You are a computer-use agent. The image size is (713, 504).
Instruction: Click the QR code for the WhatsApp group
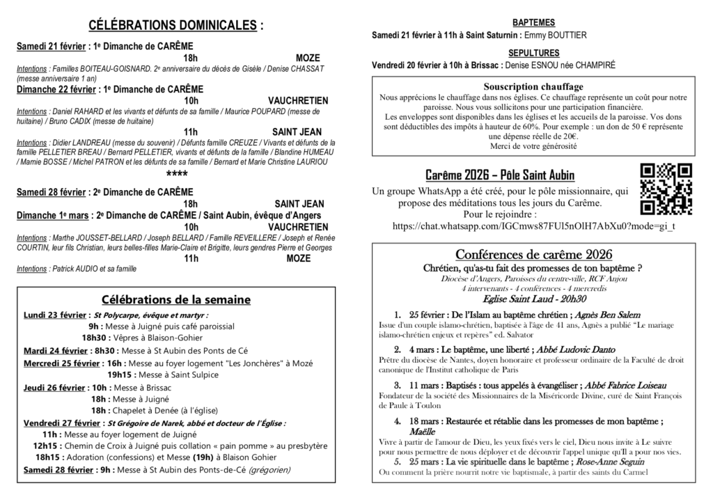(x=666, y=189)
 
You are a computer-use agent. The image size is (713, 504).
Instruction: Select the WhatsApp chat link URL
(x=534, y=226)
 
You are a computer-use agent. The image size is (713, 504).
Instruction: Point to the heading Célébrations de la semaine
(x=176, y=299)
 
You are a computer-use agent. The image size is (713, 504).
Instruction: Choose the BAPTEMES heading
(x=533, y=22)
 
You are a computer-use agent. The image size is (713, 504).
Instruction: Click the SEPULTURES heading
(x=533, y=53)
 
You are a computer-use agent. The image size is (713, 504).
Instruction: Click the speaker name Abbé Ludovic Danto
(x=576, y=349)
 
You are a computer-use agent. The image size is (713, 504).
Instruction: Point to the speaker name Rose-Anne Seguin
(x=603, y=462)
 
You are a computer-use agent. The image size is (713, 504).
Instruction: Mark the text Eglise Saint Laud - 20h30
(x=533, y=298)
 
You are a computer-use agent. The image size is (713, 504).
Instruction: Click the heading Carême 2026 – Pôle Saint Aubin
(x=499, y=175)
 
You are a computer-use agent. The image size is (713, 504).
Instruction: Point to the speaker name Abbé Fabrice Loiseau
(x=606, y=385)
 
